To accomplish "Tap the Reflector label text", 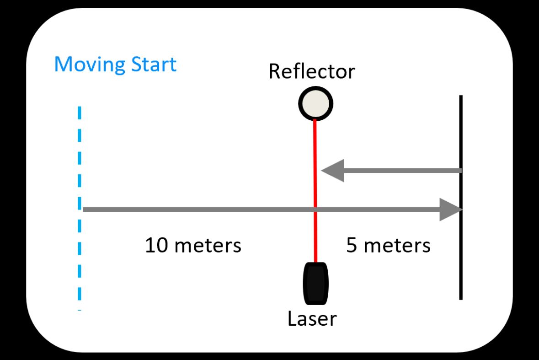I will (311, 72).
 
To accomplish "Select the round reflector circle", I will (315, 104).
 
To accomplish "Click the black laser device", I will (315, 283).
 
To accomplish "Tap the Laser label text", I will (312, 319).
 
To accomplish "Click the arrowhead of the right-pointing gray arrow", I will (451, 210).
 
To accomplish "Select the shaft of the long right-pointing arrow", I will (206, 210).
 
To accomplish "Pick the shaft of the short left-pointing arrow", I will (402, 171).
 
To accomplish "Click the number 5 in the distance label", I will (352, 246).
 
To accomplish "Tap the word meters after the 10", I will (208, 246).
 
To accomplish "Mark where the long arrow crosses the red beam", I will (315, 210).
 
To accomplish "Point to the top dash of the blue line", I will (80, 113).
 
